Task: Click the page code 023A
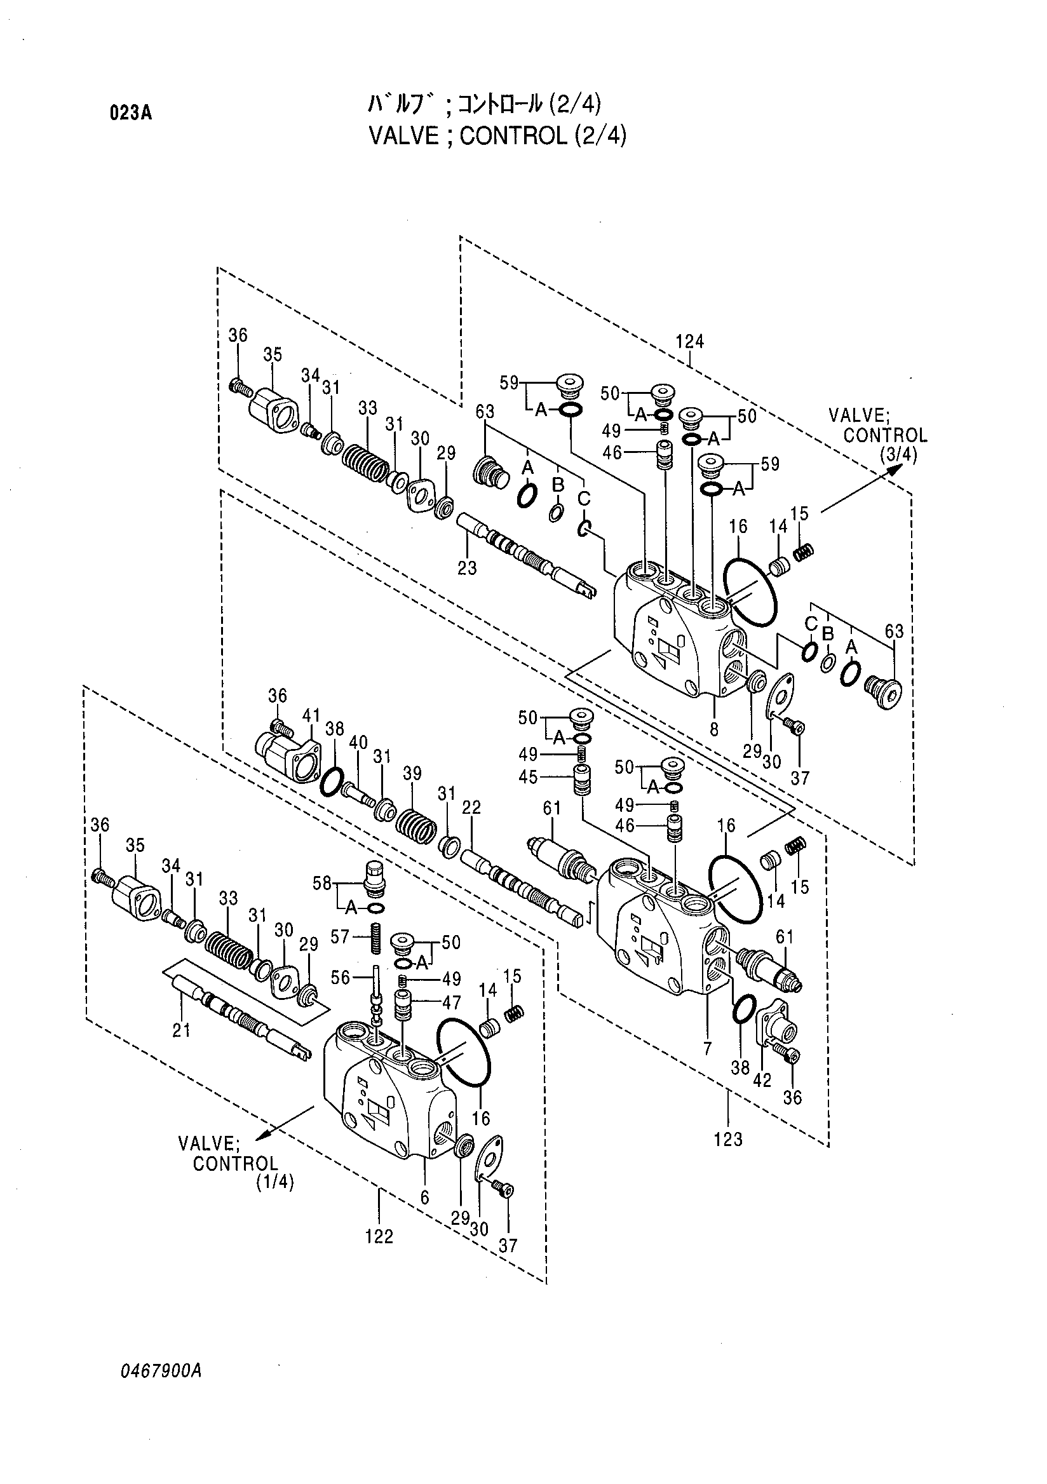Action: coord(130,114)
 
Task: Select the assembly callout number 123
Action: coord(728,1140)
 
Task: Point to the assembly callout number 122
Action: coord(379,1236)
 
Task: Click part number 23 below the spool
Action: coord(466,567)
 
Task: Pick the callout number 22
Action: coord(472,807)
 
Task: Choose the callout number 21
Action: coord(182,1030)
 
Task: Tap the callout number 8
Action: coord(714,730)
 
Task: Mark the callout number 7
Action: coord(707,1048)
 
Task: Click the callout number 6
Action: coord(424,1197)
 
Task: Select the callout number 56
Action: coord(340,978)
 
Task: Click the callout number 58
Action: coord(323,884)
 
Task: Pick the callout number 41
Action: coord(311,715)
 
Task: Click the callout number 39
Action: coord(412,773)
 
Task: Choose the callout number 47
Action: coord(452,1002)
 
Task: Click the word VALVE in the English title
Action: coord(396,136)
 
